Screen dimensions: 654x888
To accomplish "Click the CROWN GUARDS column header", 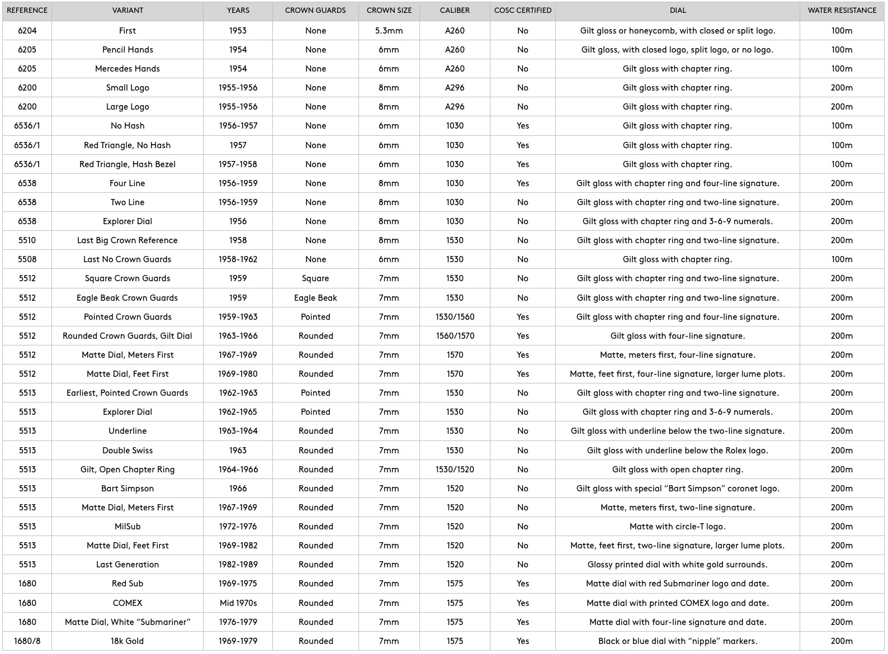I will [x=315, y=11].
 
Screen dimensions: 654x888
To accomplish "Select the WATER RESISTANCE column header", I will [x=842, y=11].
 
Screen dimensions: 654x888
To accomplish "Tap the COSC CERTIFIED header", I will [x=523, y=11].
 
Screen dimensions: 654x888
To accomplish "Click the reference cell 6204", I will [x=27, y=31].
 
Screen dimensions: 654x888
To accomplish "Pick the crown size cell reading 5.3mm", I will [x=389, y=31].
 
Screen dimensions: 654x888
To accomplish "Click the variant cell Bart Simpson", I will [x=127, y=489].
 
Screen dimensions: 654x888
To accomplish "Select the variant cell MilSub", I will [x=127, y=527].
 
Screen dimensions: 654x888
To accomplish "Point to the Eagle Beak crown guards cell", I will [x=315, y=298].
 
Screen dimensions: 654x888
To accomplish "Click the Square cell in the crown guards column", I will [x=315, y=278].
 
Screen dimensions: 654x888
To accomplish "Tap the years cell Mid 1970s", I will [x=238, y=603].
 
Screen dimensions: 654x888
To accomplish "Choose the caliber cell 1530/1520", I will [x=455, y=470].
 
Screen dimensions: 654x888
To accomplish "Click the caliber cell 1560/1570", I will [x=455, y=336].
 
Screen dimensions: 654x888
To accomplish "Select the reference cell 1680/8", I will [x=27, y=641].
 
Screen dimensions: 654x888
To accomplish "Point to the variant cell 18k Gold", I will [x=127, y=641].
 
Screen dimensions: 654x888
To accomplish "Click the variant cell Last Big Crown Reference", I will [x=127, y=240].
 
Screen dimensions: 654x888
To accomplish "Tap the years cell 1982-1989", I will [x=238, y=565].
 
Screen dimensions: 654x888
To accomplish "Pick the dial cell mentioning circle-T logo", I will [x=677, y=527].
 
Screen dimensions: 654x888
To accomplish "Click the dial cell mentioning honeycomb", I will [x=677, y=31].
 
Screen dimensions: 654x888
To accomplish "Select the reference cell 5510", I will [x=27, y=240].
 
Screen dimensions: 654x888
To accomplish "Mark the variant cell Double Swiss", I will [x=127, y=451].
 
